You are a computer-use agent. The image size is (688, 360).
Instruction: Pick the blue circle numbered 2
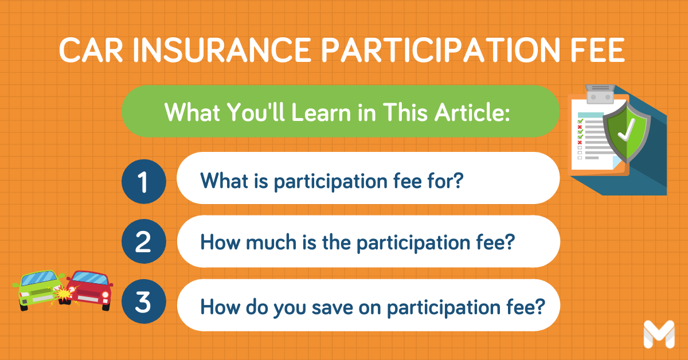click(143, 243)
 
